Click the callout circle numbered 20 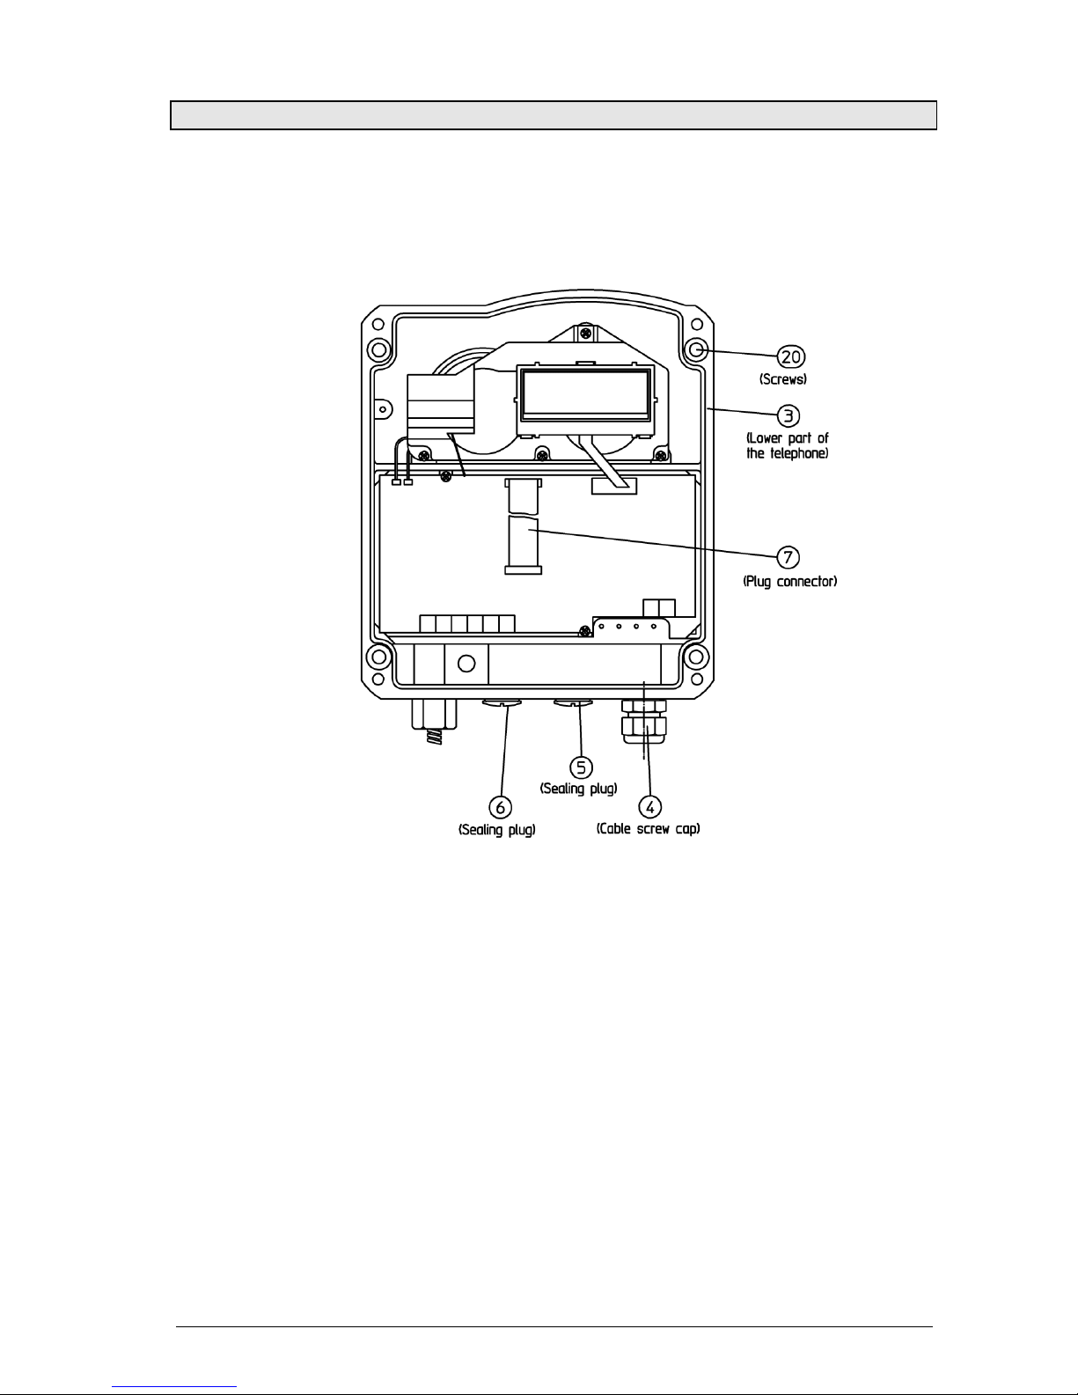(791, 357)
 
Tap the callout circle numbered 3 (788, 416)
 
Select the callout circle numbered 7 (788, 557)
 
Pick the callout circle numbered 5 (582, 767)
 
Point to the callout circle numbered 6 (501, 808)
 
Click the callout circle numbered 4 (650, 807)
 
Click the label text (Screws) (783, 379)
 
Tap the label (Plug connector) (790, 582)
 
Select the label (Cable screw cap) (648, 829)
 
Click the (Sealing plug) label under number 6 (496, 830)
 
